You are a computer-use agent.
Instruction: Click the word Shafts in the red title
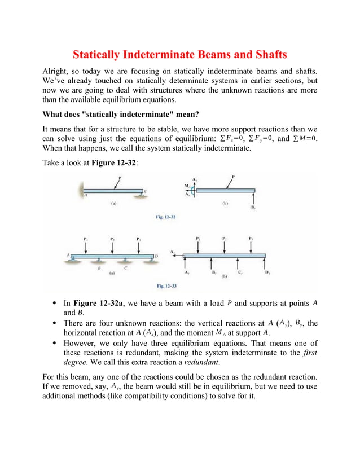coord(265,55)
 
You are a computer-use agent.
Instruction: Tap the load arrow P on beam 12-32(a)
coord(117,183)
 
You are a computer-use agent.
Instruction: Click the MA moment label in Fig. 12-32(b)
coord(188,185)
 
